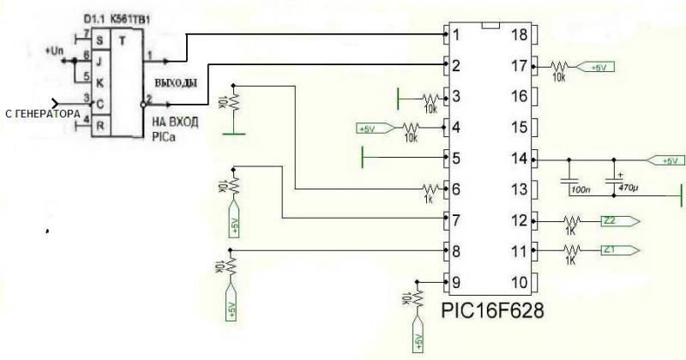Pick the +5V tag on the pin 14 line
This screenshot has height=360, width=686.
point(665,159)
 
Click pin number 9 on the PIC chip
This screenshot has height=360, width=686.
point(457,282)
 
